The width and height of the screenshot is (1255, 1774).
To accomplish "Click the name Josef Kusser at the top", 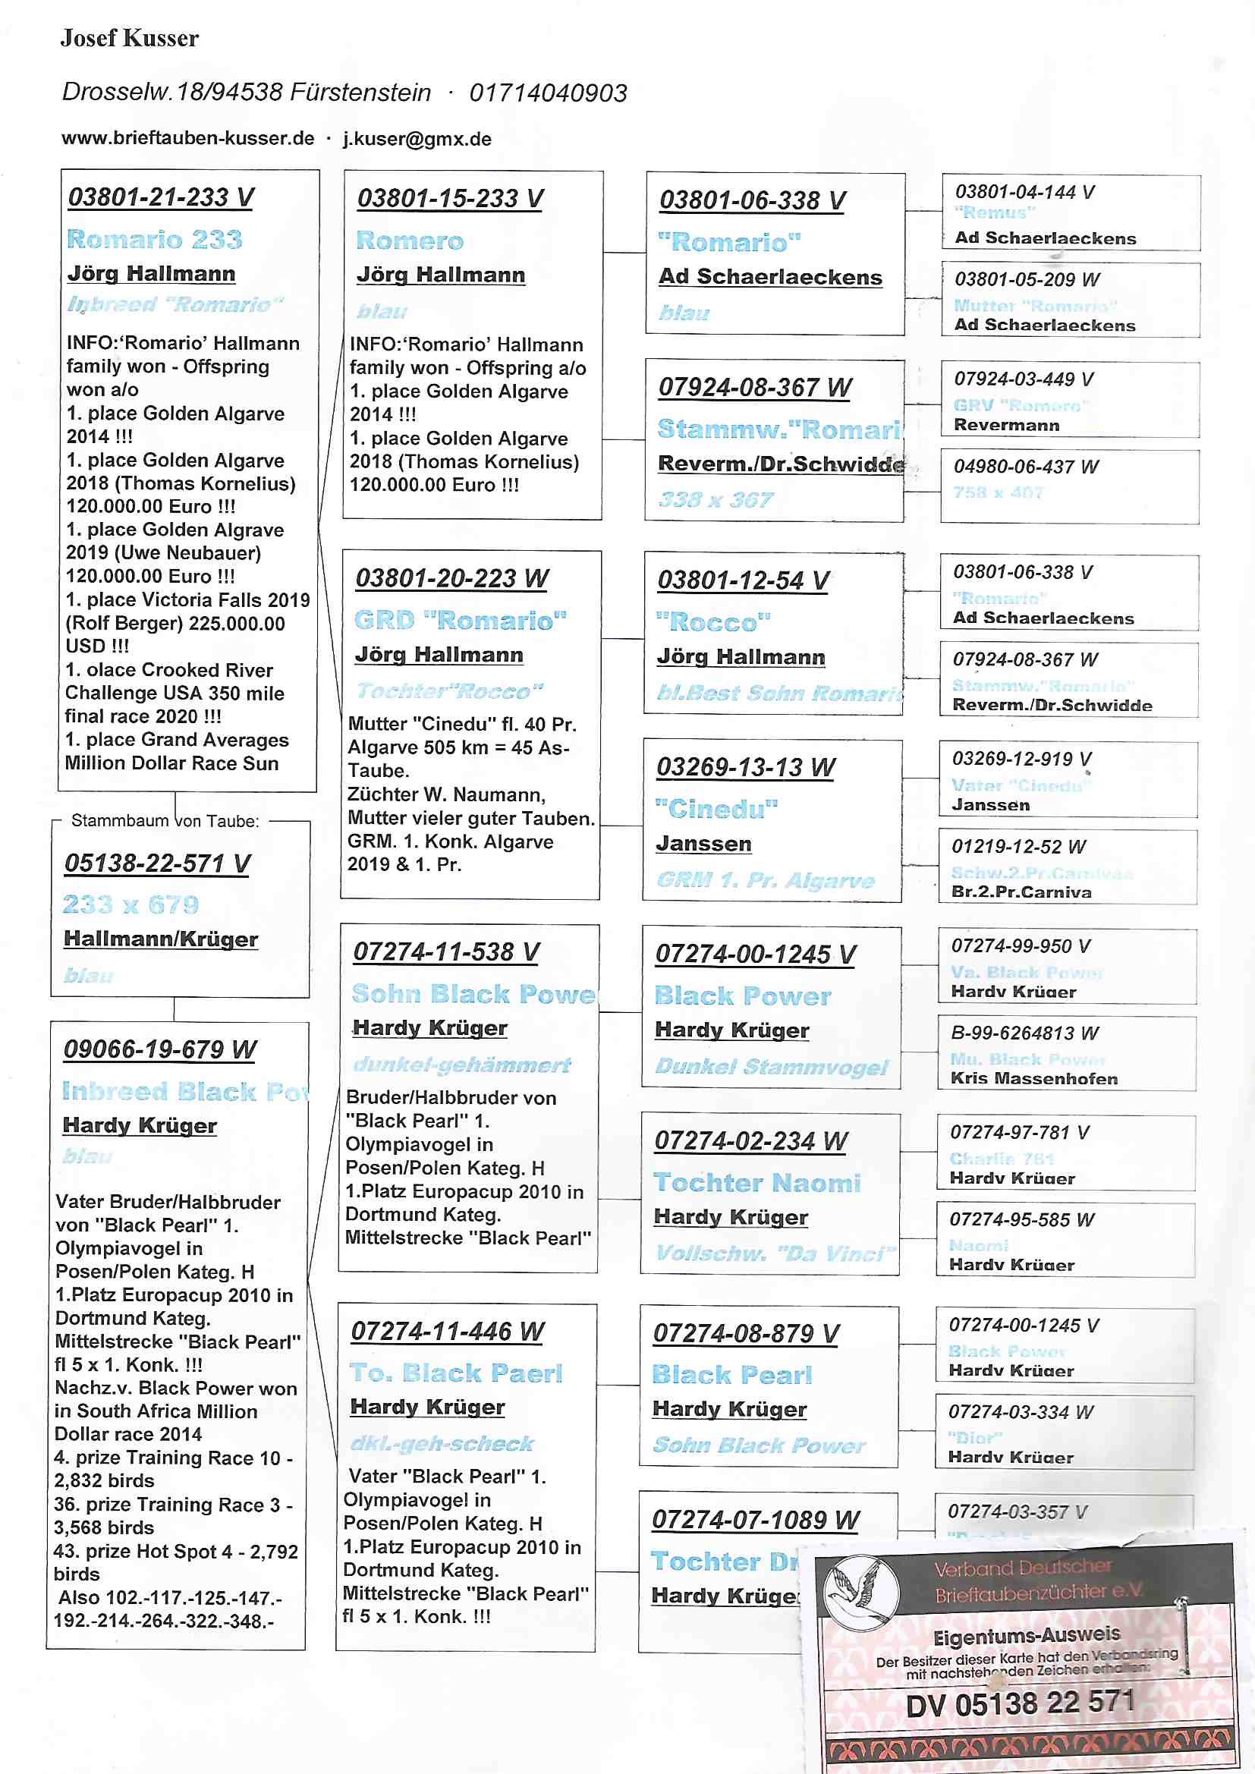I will coord(129,38).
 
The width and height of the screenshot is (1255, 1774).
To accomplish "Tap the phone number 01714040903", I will coord(548,93).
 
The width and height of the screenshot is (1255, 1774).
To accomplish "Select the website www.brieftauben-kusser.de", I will coord(187,139).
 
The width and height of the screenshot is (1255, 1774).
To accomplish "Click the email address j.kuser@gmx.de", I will coord(417,140).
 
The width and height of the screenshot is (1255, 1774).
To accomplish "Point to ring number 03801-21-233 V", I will coord(161,198).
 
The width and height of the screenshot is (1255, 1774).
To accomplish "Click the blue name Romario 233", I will coord(155,240).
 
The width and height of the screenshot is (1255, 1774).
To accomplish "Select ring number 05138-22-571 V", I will coord(158,863).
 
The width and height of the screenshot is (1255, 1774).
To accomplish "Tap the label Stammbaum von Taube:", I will coord(165,820).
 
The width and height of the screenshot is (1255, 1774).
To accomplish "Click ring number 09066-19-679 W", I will coord(160,1049).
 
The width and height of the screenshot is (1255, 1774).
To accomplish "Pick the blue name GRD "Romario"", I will coord(461,621).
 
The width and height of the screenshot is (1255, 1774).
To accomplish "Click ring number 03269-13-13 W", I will coord(746,767).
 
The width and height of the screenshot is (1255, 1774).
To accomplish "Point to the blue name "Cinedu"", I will coord(716,809).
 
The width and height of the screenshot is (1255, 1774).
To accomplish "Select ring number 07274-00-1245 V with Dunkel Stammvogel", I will coord(755,955).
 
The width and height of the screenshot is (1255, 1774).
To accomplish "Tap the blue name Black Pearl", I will coord(731,1376).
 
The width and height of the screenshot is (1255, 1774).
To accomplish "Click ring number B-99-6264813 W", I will coord(1024,1033).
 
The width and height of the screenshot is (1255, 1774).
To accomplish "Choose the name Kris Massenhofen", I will coord(1034,1079).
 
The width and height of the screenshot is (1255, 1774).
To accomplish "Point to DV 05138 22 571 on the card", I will coord(1020,1703).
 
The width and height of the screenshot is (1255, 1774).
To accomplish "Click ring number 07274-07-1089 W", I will coord(755,1521).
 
